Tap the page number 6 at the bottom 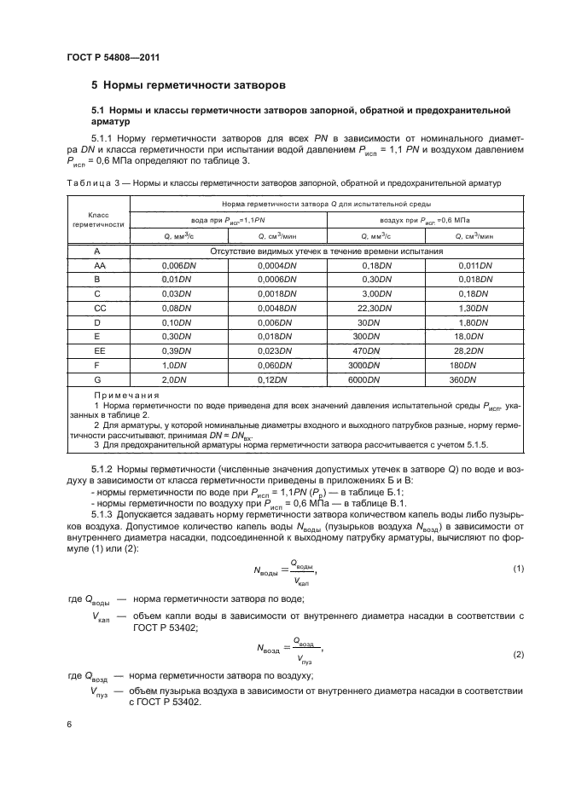(x=69, y=724)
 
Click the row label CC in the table (x=97, y=307)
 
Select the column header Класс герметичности (x=97, y=219)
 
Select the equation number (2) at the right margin (x=517, y=654)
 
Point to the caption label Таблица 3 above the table (x=85, y=182)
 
